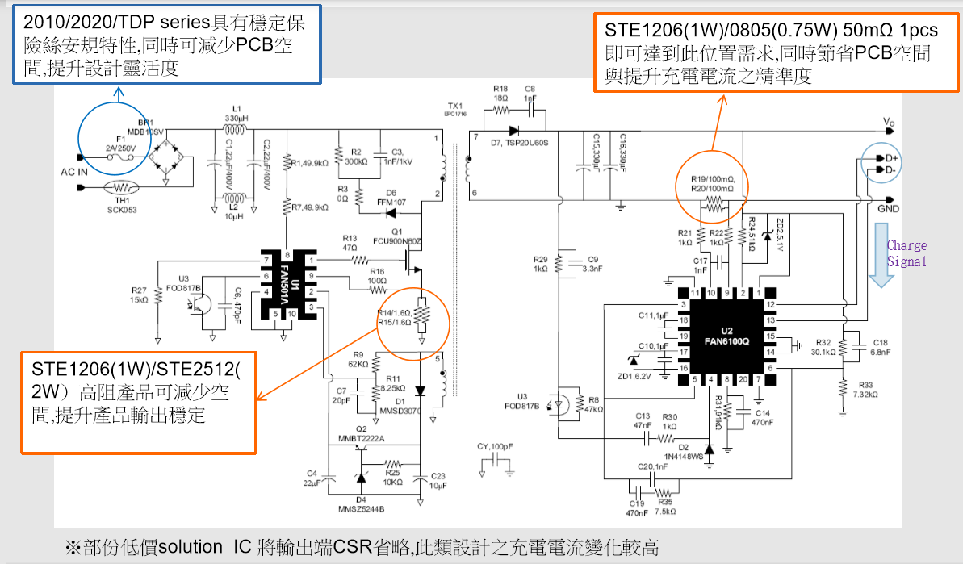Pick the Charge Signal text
click(906, 253)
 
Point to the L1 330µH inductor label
click(237, 112)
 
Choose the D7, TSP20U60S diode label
click(519, 143)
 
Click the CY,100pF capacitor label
click(496, 445)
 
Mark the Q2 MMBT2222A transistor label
click(361, 433)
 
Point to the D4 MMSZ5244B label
click(361, 503)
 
